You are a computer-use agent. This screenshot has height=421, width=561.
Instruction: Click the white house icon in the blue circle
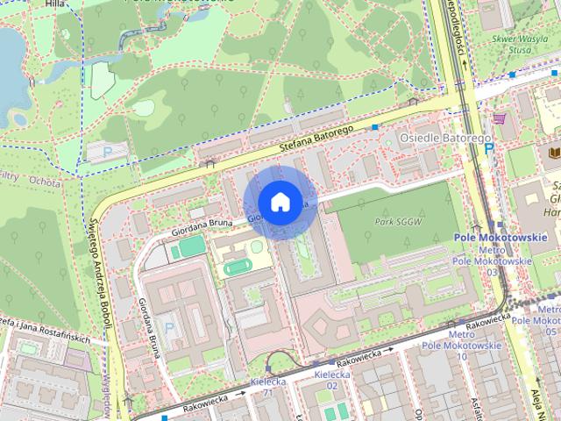280,203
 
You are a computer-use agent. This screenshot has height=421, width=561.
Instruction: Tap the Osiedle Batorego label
432,139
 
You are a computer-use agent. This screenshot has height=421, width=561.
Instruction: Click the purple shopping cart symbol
499,118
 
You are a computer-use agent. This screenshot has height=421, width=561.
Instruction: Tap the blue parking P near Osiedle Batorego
488,149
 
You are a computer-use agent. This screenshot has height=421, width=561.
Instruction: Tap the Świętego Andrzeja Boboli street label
101,273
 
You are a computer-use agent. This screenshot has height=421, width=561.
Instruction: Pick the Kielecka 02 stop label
331,379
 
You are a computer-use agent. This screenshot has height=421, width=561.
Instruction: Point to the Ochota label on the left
44,182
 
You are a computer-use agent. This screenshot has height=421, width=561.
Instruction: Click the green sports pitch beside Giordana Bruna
188,251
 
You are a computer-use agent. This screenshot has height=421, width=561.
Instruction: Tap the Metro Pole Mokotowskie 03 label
492,261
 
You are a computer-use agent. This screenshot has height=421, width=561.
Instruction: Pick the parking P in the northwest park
108,152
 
